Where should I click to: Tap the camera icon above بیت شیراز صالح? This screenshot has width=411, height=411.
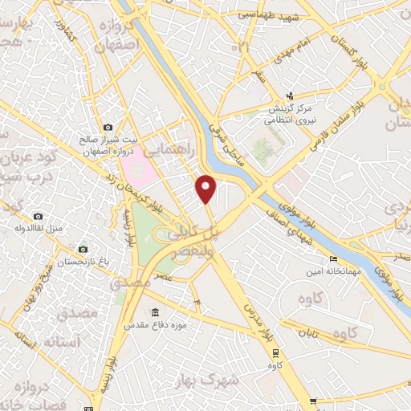[x=108, y=127]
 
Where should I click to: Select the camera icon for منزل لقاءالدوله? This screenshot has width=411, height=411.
[x=38, y=216]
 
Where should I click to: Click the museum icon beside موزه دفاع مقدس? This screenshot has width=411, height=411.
[x=154, y=312]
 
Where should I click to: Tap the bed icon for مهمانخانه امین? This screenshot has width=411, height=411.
[x=333, y=259]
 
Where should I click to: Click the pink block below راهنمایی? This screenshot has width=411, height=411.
[x=137, y=165]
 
